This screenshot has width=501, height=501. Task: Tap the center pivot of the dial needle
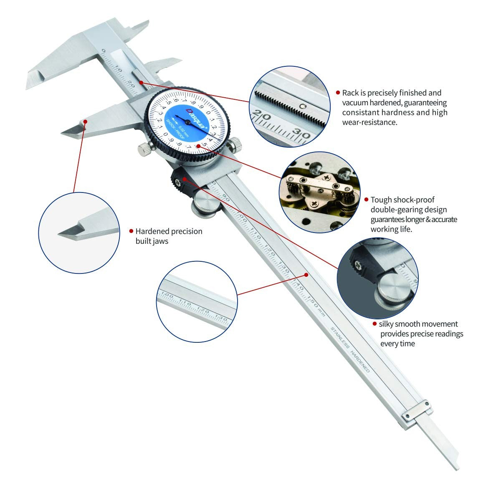point(188,122)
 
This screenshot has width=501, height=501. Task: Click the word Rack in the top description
point(350,93)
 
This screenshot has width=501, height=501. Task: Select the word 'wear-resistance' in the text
point(369,122)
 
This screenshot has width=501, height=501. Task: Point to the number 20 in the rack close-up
point(263,114)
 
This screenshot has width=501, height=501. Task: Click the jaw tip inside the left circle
point(67,233)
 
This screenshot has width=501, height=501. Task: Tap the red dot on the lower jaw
point(85,121)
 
